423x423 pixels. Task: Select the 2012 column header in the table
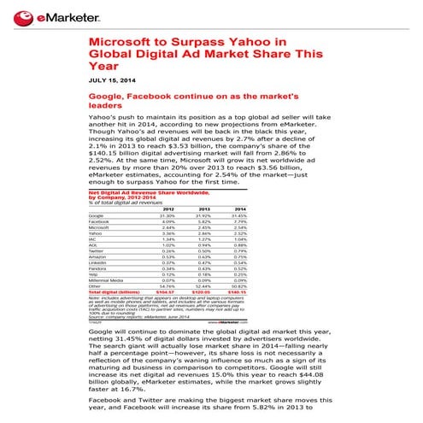(168, 209)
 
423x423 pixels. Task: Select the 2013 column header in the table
(204, 209)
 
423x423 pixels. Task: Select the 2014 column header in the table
(239, 209)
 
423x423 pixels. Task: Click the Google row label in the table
(96, 216)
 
